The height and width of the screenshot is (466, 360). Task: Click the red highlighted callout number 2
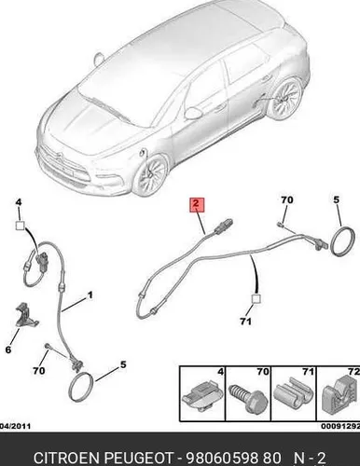point(197,204)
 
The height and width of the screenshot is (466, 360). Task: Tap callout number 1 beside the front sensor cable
point(90,295)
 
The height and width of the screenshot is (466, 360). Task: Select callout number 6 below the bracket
point(8,349)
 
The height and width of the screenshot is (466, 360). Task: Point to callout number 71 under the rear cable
point(245,322)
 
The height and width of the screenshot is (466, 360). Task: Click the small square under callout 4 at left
point(20,226)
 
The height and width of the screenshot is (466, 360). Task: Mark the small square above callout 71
point(256,299)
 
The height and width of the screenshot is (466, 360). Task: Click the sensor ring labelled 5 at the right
point(343,242)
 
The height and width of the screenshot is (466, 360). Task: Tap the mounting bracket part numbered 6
point(26,315)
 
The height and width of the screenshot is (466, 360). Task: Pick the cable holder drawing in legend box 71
point(293,392)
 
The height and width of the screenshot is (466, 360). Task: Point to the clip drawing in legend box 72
point(339,395)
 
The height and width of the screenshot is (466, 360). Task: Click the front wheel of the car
point(151,176)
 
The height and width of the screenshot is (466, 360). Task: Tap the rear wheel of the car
point(285,99)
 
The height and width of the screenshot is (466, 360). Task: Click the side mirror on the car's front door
point(193,113)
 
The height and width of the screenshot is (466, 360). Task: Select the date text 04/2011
point(16,426)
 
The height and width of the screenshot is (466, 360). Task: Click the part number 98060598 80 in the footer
point(233,458)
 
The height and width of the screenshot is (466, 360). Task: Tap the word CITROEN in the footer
point(67,458)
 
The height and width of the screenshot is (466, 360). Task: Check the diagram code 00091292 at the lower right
point(340,426)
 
